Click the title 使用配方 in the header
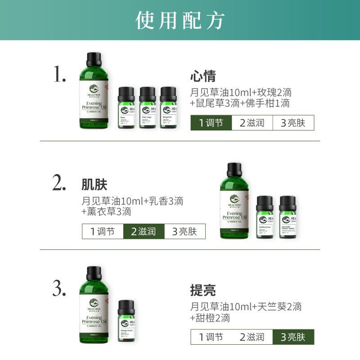click(180, 20)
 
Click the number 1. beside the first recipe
click(60, 74)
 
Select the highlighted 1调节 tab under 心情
click(211, 123)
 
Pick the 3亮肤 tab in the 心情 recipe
click(293, 123)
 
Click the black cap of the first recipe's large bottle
click(94, 58)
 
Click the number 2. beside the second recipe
click(59, 184)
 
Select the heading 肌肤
click(94, 185)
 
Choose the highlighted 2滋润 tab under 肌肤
click(144, 232)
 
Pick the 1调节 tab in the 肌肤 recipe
click(103, 232)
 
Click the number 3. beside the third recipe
click(60, 288)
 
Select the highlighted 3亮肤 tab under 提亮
click(293, 337)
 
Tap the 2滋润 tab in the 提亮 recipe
click(252, 337)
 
